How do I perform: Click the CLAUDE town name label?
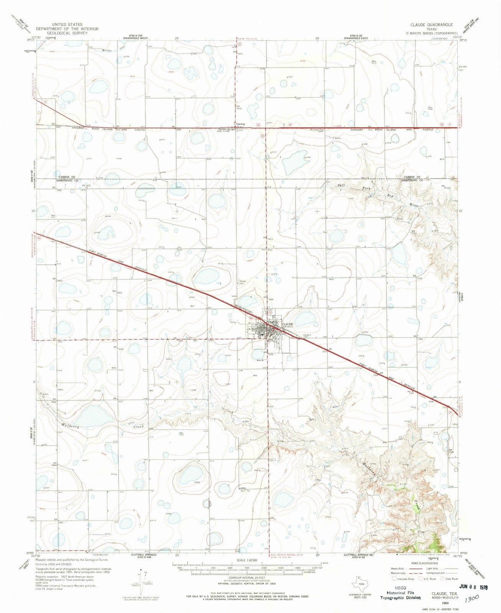click(287, 324)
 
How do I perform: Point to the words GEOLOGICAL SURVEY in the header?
click(67, 33)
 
